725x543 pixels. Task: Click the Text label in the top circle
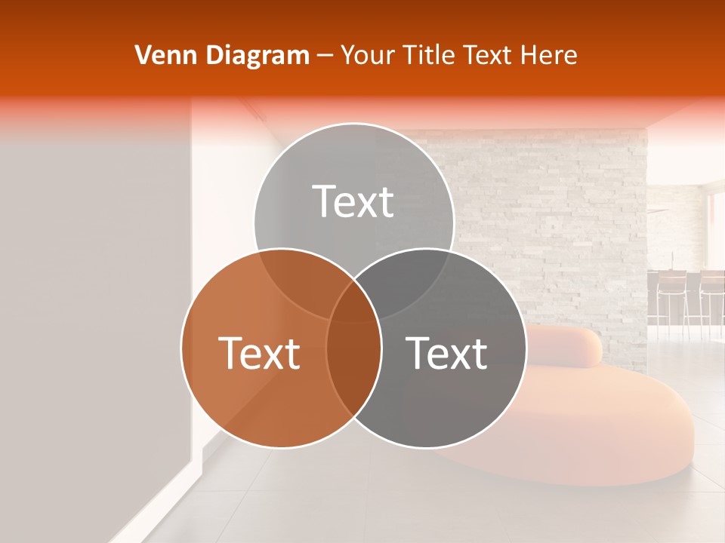(353, 202)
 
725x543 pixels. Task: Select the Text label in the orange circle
(259, 353)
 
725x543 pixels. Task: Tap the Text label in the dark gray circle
(446, 353)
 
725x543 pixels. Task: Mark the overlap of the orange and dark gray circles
(353, 362)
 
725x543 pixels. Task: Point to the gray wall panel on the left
(91, 302)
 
